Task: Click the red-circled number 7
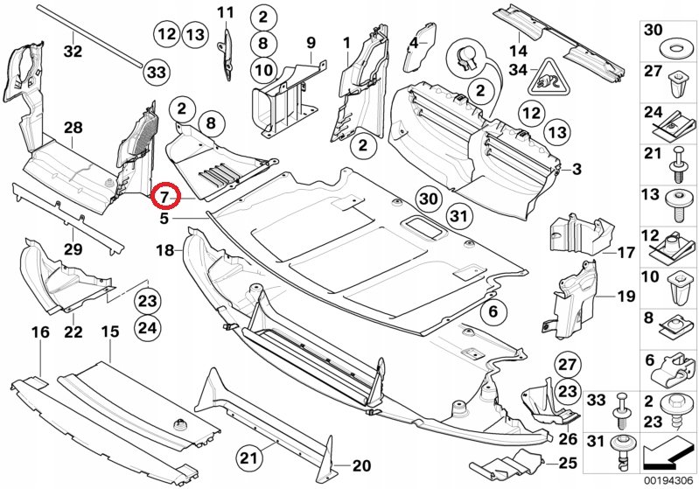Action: [x=164, y=197]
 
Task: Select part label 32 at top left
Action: [x=73, y=51]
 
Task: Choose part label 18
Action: [x=165, y=251]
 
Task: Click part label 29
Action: [x=73, y=250]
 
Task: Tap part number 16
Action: [x=40, y=332]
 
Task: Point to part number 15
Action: [x=109, y=332]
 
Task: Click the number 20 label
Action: [x=361, y=465]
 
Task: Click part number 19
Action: [x=625, y=297]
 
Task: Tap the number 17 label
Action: [x=625, y=253]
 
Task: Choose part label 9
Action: [x=310, y=41]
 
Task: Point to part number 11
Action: [x=227, y=12]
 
